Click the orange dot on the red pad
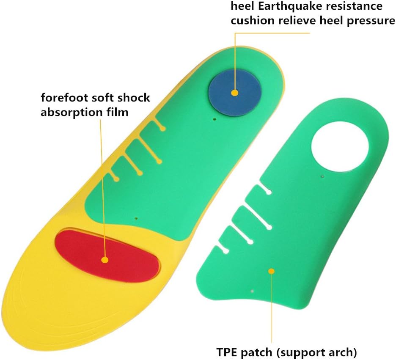click(x=104, y=260)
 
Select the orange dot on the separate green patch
click(x=272, y=271)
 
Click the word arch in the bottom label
click(x=342, y=351)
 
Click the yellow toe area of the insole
click(x=47, y=305)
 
